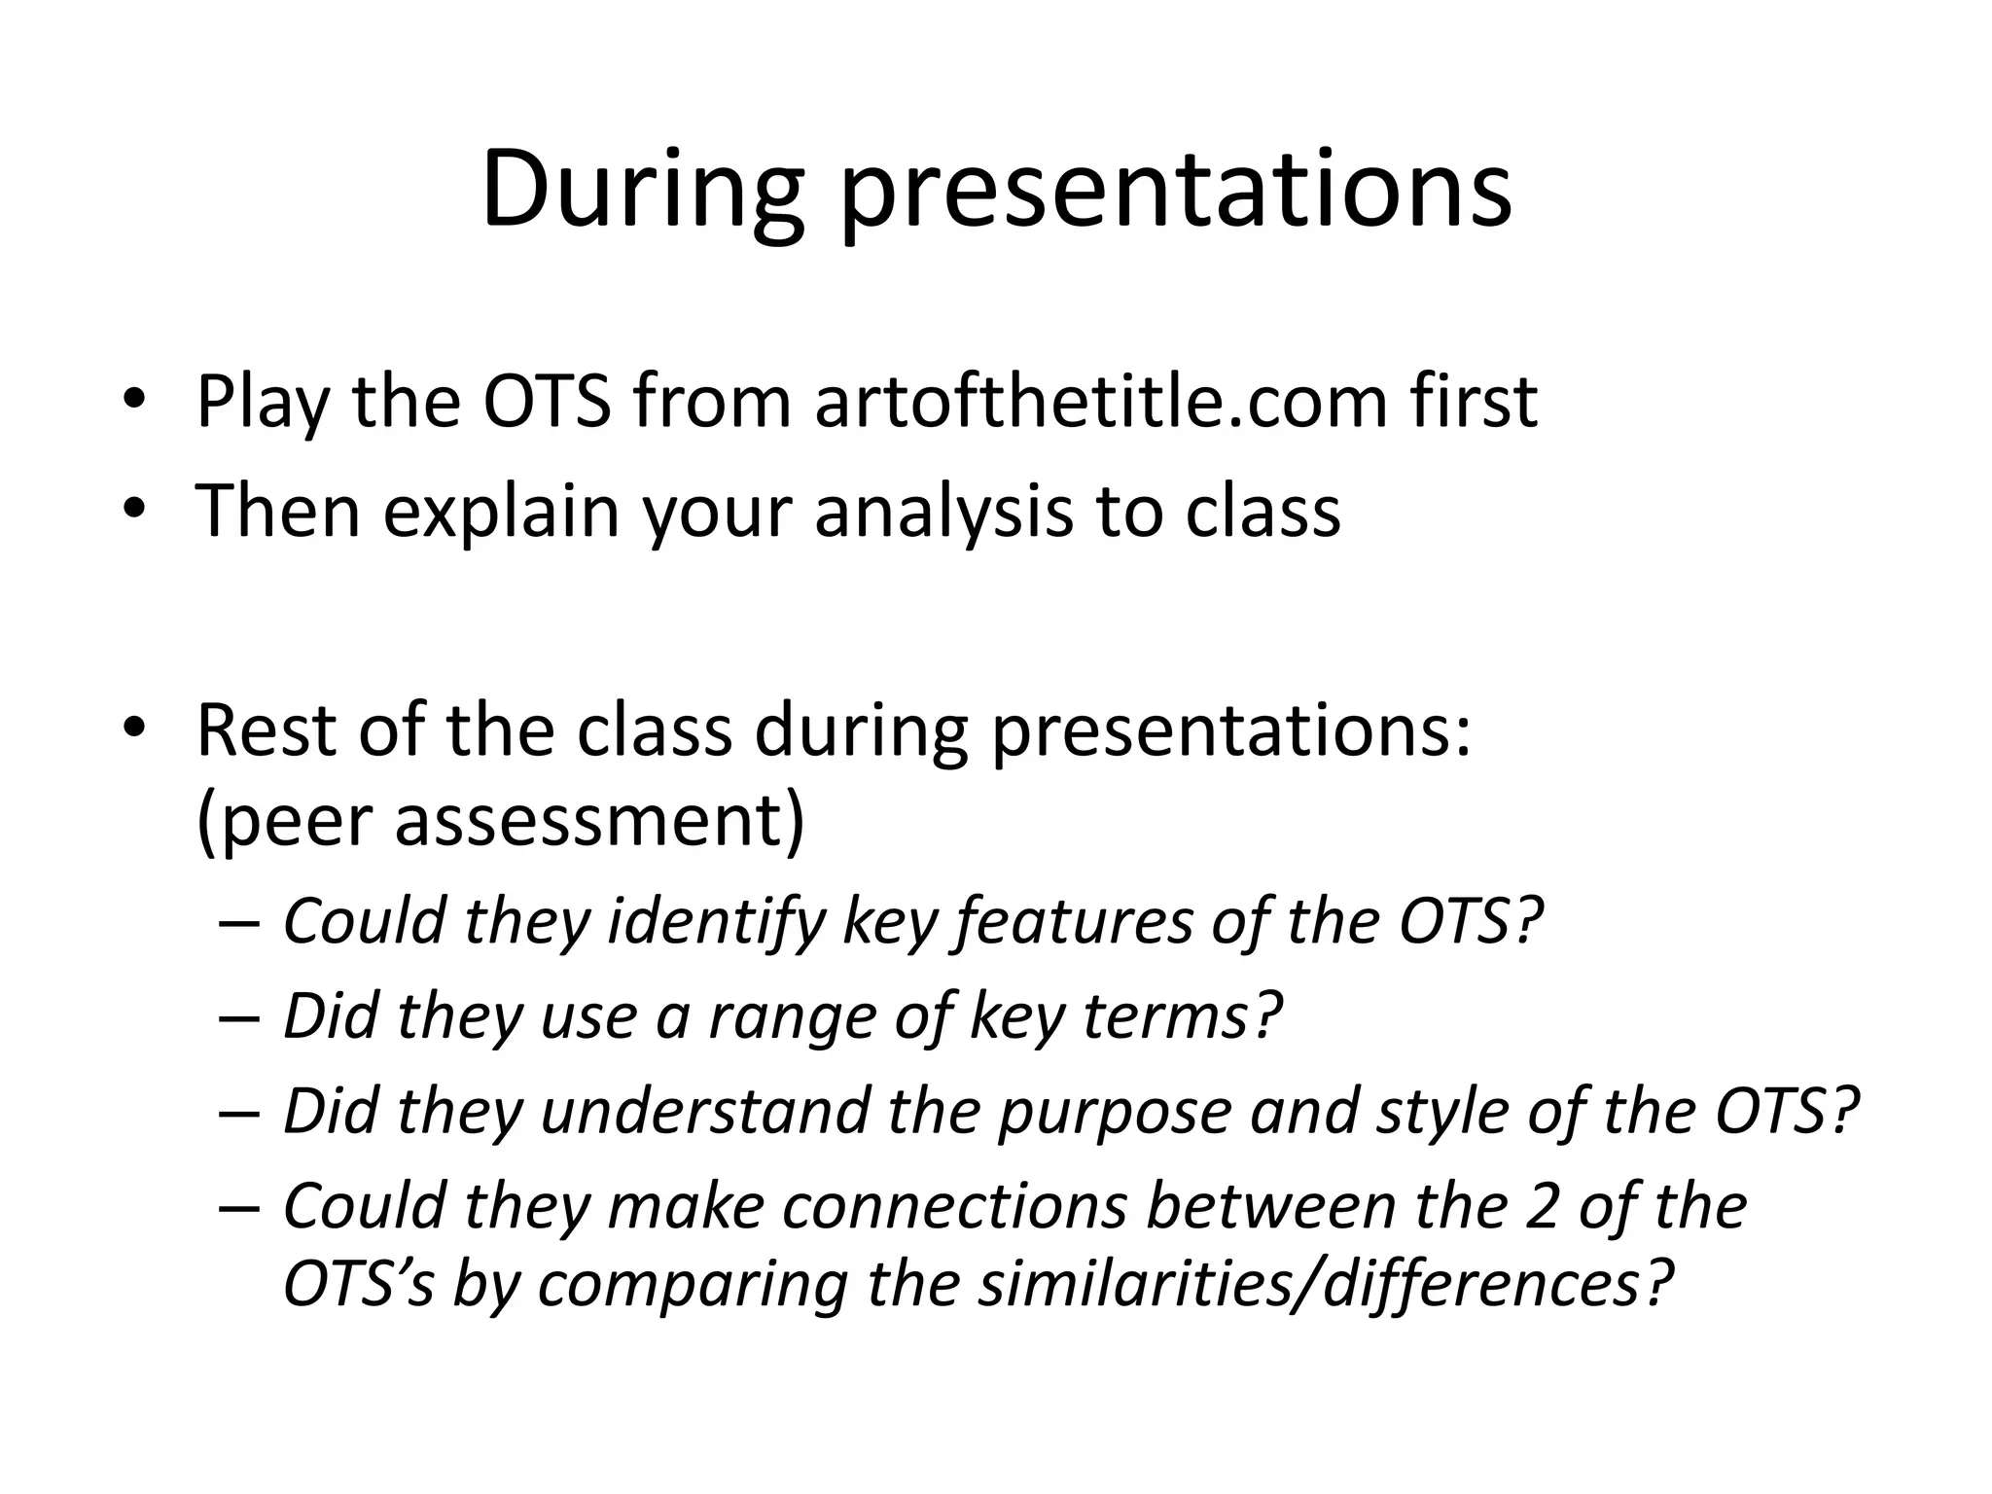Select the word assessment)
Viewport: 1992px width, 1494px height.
click(x=599, y=819)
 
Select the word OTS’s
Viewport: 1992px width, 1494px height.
click(x=357, y=1284)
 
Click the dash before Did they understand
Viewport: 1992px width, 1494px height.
click(x=239, y=1113)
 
